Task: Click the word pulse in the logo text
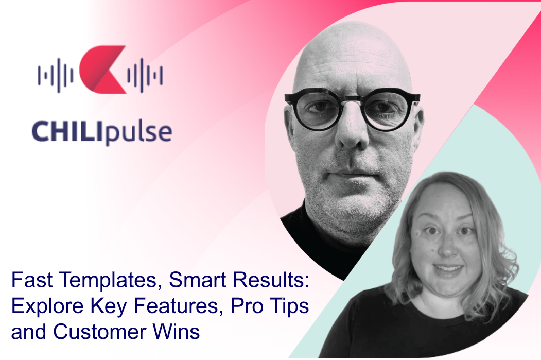tap(138, 132)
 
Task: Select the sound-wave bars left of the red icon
tap(56, 75)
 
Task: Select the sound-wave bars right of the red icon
tap(145, 75)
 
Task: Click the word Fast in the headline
tap(32, 280)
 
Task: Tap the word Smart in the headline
tap(198, 280)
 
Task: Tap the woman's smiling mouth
tap(448, 268)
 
